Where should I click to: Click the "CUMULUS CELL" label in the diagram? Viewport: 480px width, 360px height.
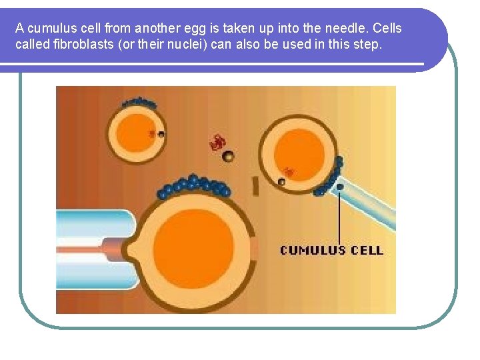click(x=331, y=251)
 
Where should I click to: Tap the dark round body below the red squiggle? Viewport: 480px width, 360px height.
click(x=228, y=156)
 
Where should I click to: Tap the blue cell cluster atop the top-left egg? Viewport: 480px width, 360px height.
click(x=139, y=103)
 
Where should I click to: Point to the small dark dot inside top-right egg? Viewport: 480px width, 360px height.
click(x=281, y=181)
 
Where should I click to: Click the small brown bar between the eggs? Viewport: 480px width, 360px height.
click(x=255, y=187)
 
